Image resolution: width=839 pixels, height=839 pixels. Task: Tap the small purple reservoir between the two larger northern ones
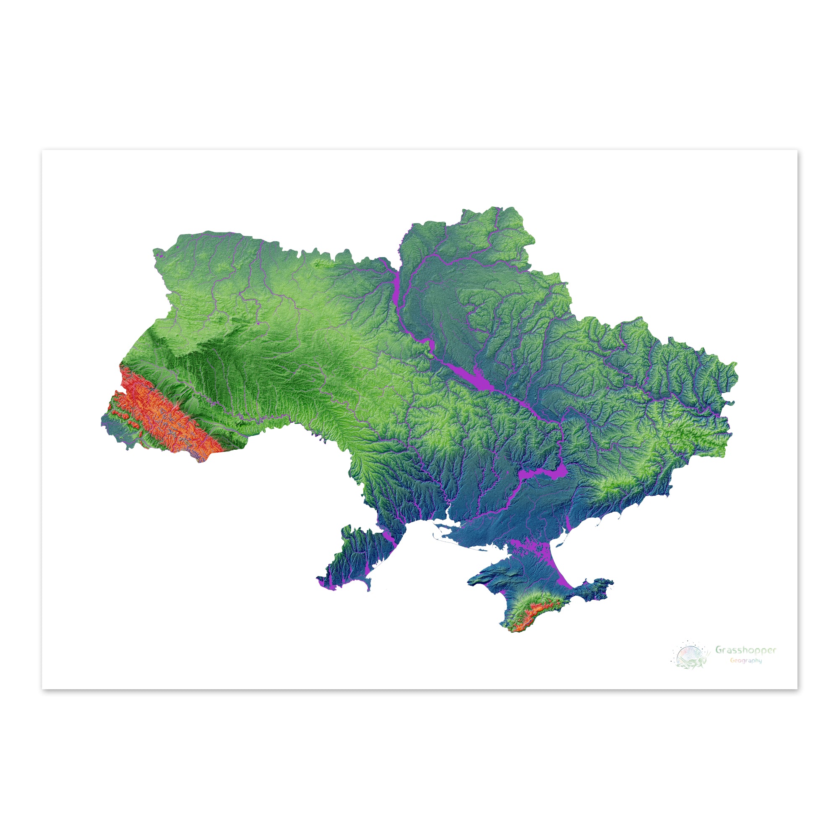click(431, 345)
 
